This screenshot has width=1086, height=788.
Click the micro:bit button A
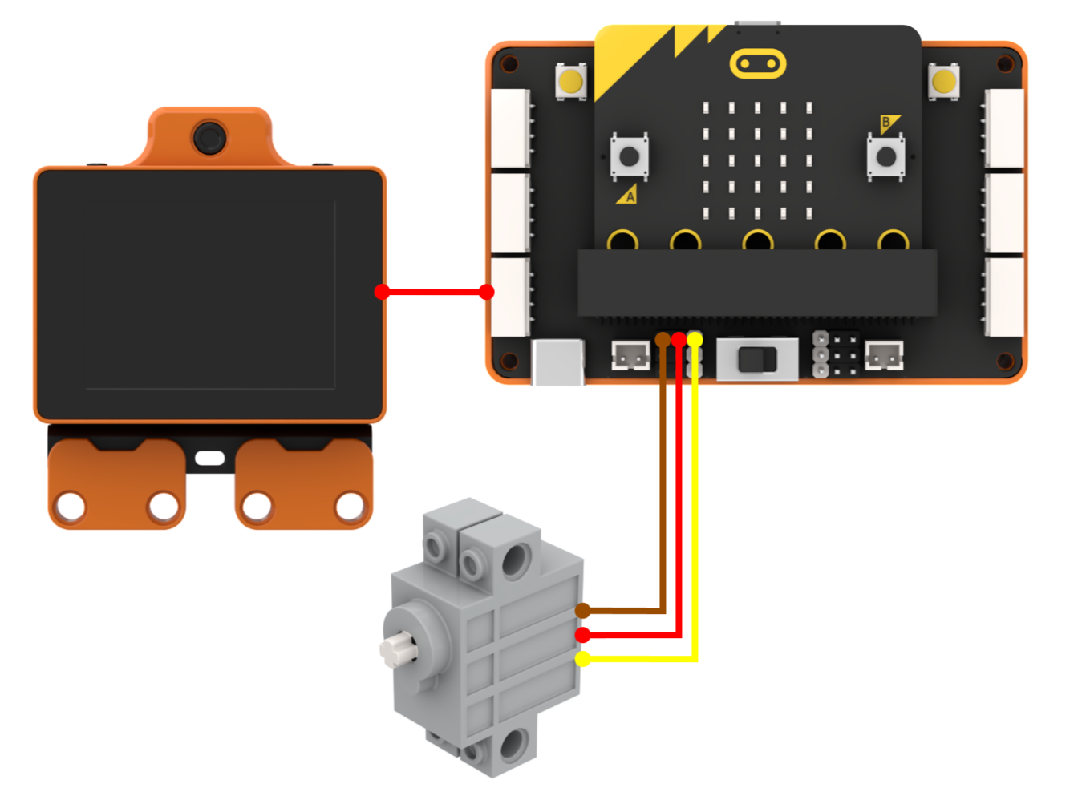[630, 156]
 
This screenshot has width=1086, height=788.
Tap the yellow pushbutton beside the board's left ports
[571, 82]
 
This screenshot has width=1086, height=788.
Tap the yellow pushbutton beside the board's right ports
[943, 82]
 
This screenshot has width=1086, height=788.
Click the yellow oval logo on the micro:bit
[758, 63]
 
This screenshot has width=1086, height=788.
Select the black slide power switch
[757, 360]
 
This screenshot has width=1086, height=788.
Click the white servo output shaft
[398, 649]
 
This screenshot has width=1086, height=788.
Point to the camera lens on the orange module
[210, 138]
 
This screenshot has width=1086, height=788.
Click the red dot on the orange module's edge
[382, 292]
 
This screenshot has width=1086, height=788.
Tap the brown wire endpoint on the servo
[583, 611]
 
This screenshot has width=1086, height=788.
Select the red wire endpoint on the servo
[583, 634]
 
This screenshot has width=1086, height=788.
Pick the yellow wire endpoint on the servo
[583, 659]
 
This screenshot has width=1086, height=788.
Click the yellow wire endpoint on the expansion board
[695, 340]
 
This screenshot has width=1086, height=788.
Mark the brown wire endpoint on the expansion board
[663, 340]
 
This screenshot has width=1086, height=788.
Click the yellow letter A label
[629, 196]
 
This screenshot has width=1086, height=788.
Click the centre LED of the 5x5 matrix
[757, 160]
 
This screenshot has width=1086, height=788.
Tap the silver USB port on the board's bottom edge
[558, 362]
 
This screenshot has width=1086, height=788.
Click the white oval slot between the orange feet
[209, 458]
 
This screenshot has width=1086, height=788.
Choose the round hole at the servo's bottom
[513, 745]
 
